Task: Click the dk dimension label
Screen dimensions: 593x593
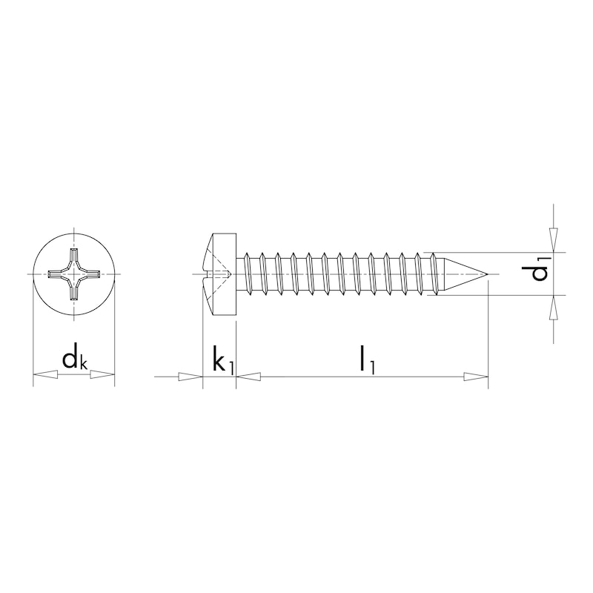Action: tap(74, 360)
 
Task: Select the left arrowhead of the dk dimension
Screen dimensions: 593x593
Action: tap(44, 377)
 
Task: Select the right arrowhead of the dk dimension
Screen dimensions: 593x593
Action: tap(104, 377)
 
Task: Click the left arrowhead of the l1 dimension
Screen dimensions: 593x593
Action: tap(249, 377)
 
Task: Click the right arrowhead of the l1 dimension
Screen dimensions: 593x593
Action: tap(477, 377)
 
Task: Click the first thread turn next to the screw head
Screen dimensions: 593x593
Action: tap(248, 275)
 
